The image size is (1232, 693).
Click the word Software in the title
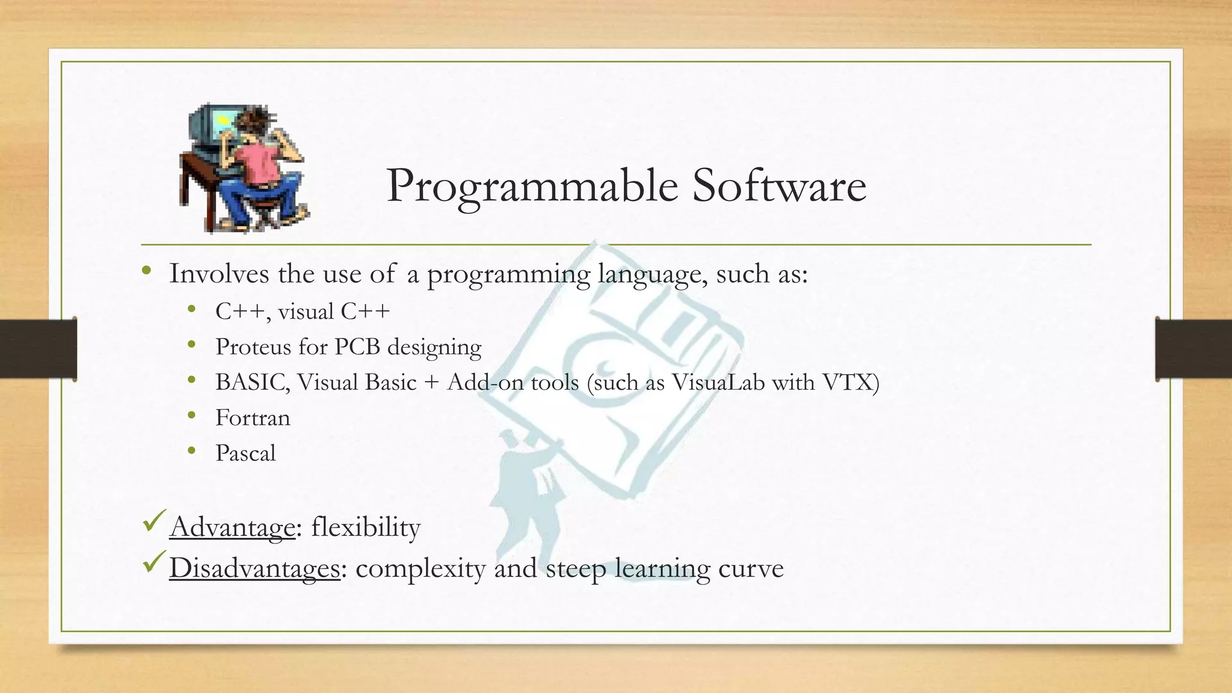pos(779,185)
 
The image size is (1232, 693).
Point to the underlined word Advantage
pos(232,528)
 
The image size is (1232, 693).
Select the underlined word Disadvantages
pos(254,568)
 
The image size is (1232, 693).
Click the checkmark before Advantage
pos(155,520)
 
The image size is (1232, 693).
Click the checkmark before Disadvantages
pos(155,562)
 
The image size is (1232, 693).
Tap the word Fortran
pos(253,418)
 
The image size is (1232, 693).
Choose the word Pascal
pos(245,454)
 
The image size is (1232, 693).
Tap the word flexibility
pos(366,528)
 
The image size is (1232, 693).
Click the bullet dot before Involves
pos(147,271)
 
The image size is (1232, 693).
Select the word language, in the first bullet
pos(653,275)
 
